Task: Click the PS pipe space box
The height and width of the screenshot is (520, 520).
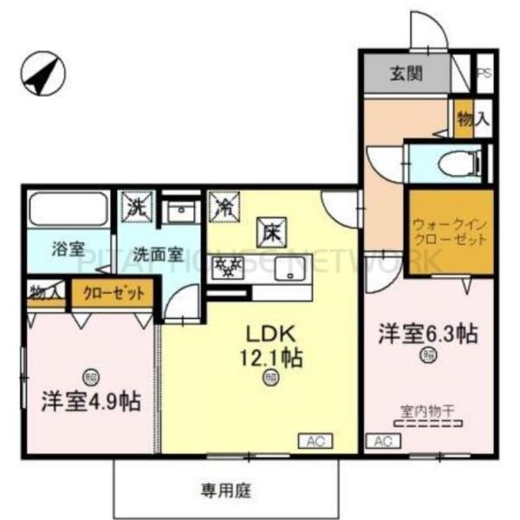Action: (x=484, y=74)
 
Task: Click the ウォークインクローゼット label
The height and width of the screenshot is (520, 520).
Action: (x=450, y=231)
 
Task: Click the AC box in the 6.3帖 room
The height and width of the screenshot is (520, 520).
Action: (x=382, y=441)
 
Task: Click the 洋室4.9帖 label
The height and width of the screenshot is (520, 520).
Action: (x=90, y=400)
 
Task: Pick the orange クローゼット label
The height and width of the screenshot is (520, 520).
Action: (x=114, y=293)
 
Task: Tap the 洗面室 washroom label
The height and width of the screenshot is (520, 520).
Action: (x=157, y=254)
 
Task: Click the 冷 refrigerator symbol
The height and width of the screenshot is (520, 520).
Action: (x=224, y=207)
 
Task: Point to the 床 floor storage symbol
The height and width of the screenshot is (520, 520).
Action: (x=270, y=231)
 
